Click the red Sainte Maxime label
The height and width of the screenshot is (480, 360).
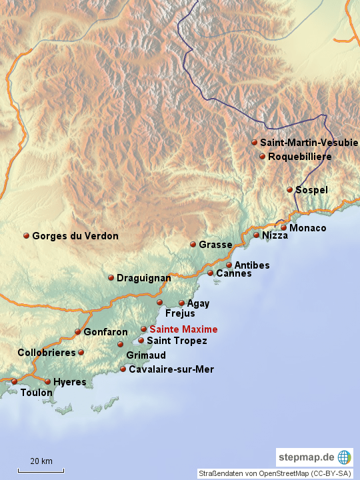[x=183, y=329]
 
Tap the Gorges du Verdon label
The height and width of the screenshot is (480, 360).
[x=75, y=236]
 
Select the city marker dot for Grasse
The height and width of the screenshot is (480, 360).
[x=193, y=245]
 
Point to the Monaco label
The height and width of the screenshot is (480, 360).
[x=308, y=228]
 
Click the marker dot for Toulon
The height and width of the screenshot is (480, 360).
[x=14, y=381]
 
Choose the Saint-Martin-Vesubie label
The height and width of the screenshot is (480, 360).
[x=309, y=143]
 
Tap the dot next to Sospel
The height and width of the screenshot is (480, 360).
[x=290, y=190]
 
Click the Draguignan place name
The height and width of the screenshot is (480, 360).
[x=143, y=278]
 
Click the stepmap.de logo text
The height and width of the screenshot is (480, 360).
[x=307, y=457]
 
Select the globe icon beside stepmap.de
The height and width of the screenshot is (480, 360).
[x=344, y=457]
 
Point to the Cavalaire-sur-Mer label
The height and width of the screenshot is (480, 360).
[x=171, y=369]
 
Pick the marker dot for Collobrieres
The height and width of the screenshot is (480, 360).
[x=81, y=352]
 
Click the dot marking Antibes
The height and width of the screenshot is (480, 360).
[x=229, y=265]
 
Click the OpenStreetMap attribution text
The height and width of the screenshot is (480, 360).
[x=275, y=473]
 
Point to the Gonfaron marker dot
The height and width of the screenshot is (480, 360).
[x=78, y=331]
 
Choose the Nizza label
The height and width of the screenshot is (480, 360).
[x=275, y=235]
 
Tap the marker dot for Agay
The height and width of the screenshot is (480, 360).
[x=181, y=303]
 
